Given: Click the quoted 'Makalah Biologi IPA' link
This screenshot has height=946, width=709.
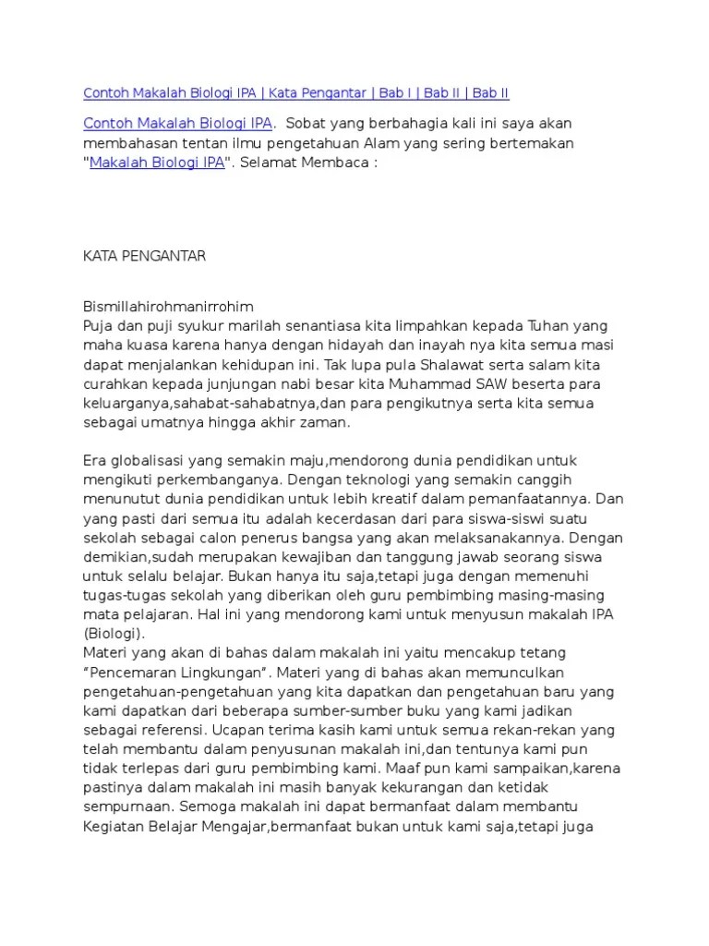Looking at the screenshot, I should pos(157,164).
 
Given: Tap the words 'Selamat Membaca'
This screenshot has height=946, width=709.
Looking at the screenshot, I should pos(307,164).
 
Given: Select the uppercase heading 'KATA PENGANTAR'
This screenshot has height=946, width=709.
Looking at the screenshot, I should pos(144,256).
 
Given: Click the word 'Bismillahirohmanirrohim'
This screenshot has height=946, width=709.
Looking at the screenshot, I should pos(168,305).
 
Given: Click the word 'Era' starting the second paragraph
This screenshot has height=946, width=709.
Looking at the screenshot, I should pos(95,460).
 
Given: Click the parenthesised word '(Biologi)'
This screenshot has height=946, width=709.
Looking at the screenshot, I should pos(112,634).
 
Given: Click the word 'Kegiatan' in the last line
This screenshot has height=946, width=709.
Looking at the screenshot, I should pos(112,828).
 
